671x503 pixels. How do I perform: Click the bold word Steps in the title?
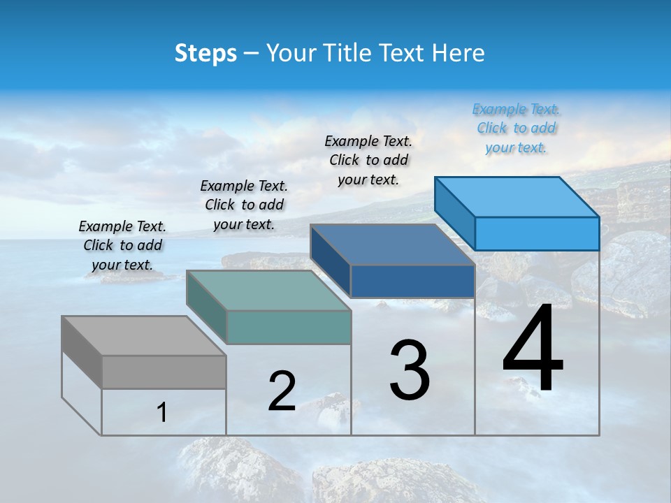click(205, 53)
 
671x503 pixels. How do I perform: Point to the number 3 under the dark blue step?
click(410, 370)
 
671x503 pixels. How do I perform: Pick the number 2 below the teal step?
click(282, 391)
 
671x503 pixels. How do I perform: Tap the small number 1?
click(162, 412)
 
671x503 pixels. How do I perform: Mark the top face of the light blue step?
click(517, 197)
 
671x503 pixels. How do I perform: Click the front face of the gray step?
click(164, 372)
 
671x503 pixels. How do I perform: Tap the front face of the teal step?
click(289, 327)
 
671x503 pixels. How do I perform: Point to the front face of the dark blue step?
click(412, 281)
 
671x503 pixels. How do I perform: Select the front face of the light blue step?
click(537, 233)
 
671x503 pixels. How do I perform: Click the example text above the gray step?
click(122, 245)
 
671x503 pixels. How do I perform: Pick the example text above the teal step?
click(244, 205)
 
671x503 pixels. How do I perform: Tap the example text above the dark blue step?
click(368, 160)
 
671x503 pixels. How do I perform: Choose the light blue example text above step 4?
click(517, 128)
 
